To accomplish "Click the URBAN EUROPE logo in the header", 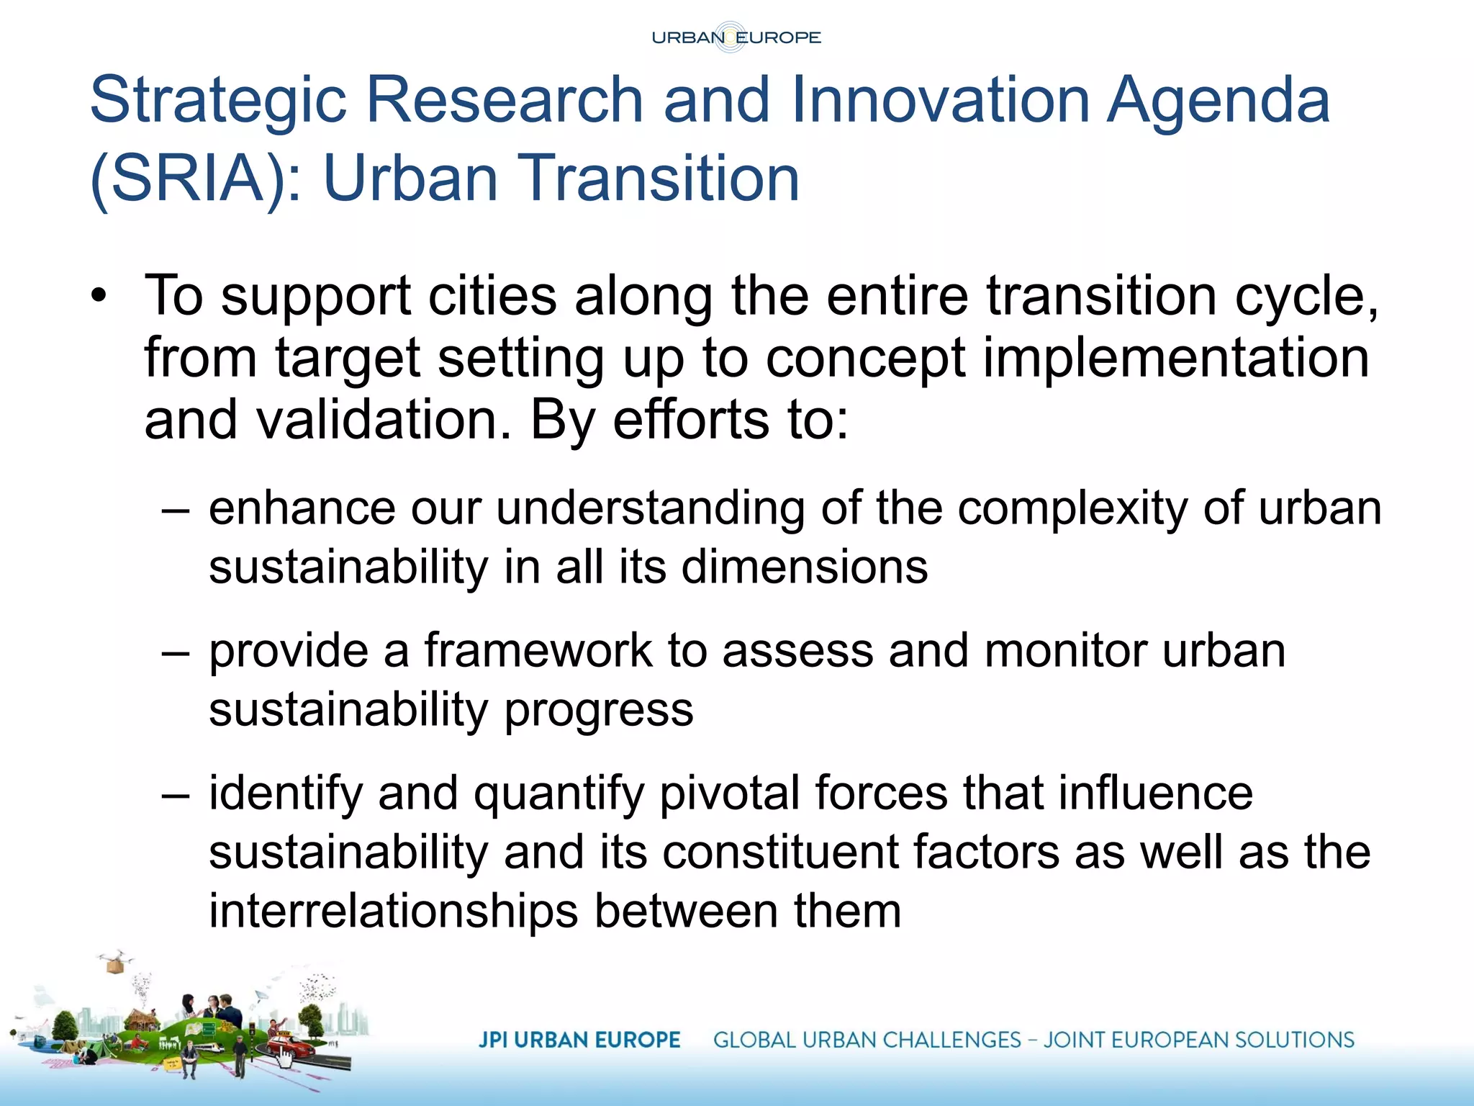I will (736, 37).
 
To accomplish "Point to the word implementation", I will (1175, 359).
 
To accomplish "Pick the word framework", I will (538, 651).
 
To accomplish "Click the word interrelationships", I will (393, 912).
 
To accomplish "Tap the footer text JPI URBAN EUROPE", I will (579, 1040).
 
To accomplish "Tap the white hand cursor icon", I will (285, 1058).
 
